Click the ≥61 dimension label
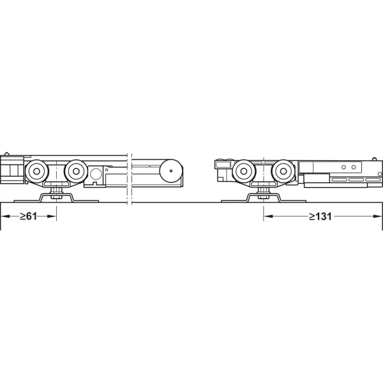28,216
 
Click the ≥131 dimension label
320,216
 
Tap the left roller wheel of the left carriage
36,171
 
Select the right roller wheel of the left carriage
76,171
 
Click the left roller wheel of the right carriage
244,171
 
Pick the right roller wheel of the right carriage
283,171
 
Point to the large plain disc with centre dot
171,170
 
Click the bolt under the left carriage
56,192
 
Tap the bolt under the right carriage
263,192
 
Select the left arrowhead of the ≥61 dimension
5,216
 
